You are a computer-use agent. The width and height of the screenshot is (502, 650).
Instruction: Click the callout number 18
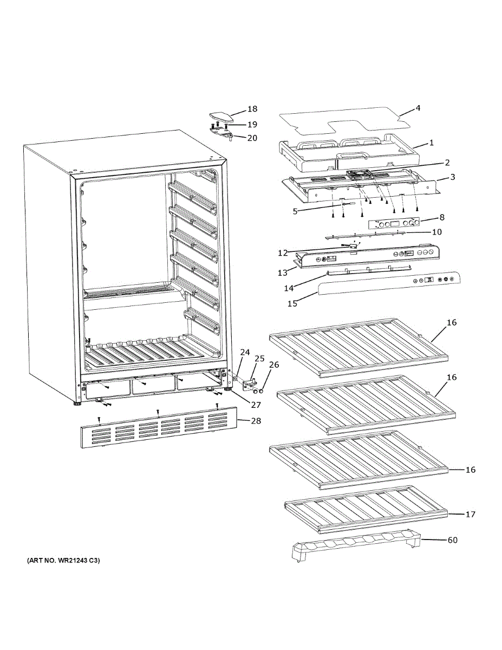click(252, 109)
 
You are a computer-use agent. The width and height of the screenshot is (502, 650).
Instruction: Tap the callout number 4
click(418, 108)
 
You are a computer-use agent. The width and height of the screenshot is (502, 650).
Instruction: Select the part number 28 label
click(256, 421)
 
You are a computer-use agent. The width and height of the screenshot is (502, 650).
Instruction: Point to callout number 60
click(453, 540)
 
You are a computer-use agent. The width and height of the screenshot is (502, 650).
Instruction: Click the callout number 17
click(470, 514)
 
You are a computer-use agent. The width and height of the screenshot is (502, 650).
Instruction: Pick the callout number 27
click(256, 405)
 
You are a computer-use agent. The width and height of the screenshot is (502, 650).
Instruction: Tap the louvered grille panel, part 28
click(159, 427)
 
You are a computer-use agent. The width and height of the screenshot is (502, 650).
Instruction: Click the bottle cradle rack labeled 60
click(356, 545)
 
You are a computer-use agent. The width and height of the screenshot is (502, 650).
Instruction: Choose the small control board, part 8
click(393, 224)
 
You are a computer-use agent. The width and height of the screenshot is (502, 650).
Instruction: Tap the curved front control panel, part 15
click(389, 283)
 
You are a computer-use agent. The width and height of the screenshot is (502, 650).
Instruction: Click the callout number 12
click(283, 253)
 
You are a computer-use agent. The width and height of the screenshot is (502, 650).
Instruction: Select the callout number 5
click(295, 211)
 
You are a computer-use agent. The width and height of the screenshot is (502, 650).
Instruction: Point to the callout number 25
click(260, 359)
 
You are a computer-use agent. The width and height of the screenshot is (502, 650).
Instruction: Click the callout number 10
click(437, 232)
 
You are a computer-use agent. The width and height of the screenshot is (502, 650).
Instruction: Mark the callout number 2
click(447, 162)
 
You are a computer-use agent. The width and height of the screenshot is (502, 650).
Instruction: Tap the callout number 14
click(289, 288)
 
